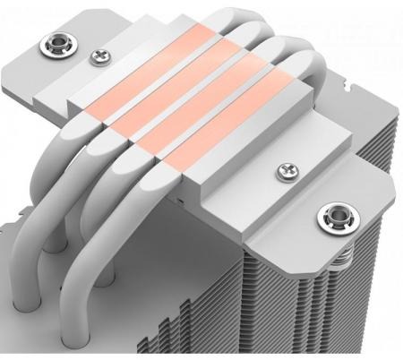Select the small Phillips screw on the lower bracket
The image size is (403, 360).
click(287, 167)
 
